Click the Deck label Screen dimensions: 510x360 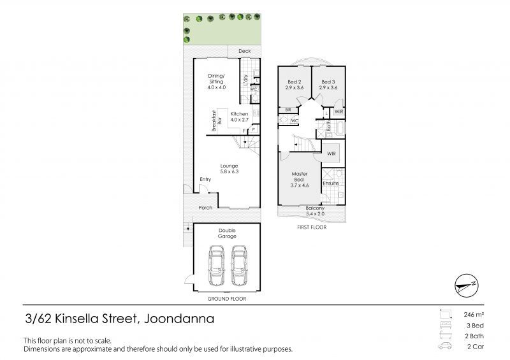click(245, 51)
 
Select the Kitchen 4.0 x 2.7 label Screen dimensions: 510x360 click(240, 117)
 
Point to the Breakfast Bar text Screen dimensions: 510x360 click(217, 120)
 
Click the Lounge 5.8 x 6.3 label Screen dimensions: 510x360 click(229, 168)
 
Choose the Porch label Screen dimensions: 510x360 click(205, 208)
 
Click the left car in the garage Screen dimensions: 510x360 click(217, 265)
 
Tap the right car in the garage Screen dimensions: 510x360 click(240, 265)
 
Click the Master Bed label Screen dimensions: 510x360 click(299, 176)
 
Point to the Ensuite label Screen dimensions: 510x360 click(331, 184)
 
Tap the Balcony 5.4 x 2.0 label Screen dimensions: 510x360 click(315, 211)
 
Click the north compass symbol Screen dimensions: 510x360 click(467, 285)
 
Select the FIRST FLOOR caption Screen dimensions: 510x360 click(312, 227)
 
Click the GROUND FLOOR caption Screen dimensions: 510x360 click(227, 299)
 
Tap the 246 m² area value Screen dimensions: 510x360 click(474, 315)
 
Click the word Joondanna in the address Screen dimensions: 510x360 click(179, 319)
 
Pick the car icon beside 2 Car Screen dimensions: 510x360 click(445, 346)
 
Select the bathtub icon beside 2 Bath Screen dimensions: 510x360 click(445, 335)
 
